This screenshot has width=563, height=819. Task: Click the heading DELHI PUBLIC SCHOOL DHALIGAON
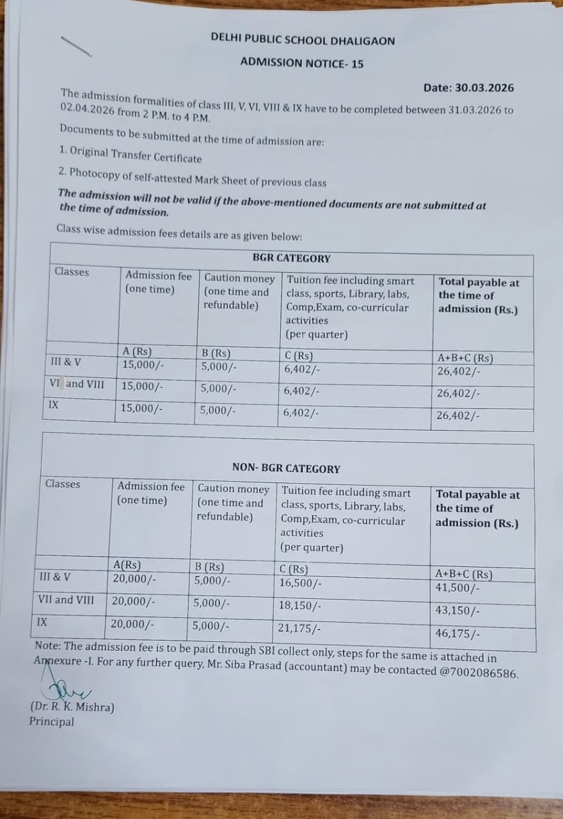click(303, 40)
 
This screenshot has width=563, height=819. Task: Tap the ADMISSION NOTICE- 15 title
click(302, 63)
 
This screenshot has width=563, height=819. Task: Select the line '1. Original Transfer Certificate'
click(130, 154)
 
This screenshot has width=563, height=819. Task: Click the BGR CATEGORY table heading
click(291, 258)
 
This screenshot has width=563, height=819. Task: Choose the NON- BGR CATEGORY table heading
click(286, 468)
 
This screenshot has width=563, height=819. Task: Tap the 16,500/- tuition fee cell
click(300, 583)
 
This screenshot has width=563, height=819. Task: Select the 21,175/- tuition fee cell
click(299, 628)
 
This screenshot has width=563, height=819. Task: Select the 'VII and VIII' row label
click(66, 600)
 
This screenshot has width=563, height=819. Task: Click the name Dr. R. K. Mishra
click(72, 707)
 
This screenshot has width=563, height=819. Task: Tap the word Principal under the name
click(51, 722)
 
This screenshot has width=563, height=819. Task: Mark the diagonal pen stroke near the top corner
click(76, 47)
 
